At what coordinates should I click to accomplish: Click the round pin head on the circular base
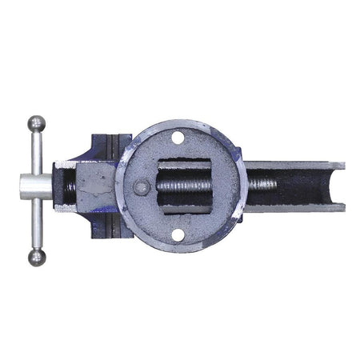tap(142, 189)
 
